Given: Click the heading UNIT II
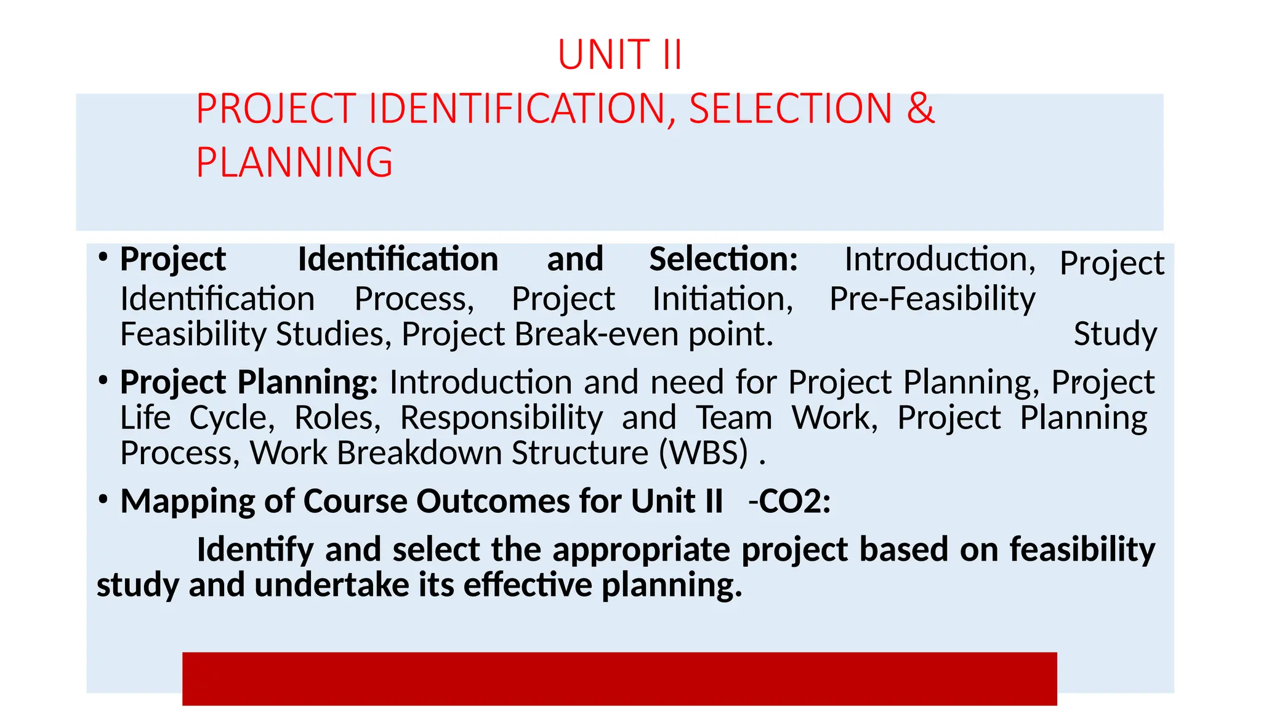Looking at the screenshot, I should point(619,55).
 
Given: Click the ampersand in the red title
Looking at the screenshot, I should point(920,108).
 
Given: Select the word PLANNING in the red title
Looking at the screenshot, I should point(294,162).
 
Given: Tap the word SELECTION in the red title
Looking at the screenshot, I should point(791,109).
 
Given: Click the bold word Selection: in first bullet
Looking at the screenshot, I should point(723,259).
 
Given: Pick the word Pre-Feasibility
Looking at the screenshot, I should point(932,299).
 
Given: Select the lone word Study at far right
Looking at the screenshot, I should point(1115,334).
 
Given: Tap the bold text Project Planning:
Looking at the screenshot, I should point(249,382).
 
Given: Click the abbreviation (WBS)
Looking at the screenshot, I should point(704,453).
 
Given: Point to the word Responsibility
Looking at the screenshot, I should point(501,418).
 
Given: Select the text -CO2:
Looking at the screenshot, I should point(789,501).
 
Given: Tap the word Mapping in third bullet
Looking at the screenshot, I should point(187,501).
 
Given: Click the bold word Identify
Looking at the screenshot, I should point(255,549).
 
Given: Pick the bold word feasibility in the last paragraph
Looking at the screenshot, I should point(1082,549).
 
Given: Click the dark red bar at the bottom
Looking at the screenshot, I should point(619,678).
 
